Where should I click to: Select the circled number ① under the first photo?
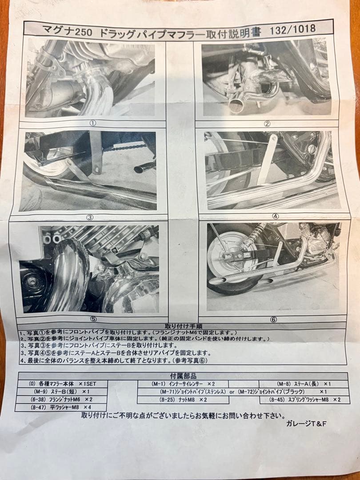point(93,123)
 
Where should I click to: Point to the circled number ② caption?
point(267,124)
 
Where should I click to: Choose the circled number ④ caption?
point(275,216)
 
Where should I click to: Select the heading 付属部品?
point(183,376)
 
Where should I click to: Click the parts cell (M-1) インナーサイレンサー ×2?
point(183,384)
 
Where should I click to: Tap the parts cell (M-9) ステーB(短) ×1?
point(62,392)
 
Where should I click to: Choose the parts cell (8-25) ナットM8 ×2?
point(183,400)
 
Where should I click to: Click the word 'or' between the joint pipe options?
point(232,392)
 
